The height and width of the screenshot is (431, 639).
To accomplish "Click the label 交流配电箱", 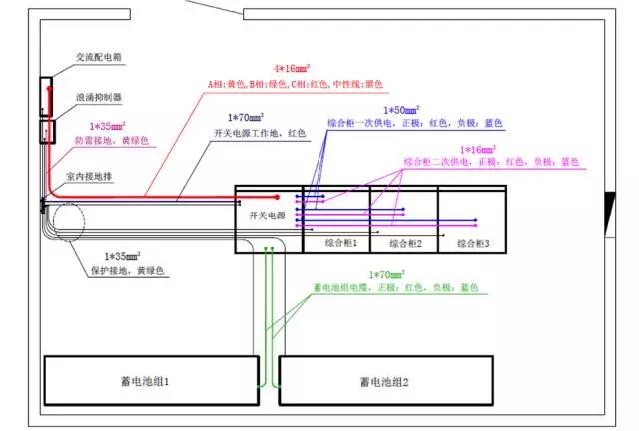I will click(100, 58).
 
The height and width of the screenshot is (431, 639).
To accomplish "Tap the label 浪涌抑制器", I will click(99, 98).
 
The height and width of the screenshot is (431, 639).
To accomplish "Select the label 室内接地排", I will click(92, 175).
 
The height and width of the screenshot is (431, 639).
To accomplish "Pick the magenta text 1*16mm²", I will click(478, 147).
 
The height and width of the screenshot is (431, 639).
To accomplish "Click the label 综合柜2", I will click(404, 242).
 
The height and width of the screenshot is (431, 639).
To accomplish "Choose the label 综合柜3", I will click(472, 242).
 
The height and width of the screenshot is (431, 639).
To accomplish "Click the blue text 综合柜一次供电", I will click(359, 123).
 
